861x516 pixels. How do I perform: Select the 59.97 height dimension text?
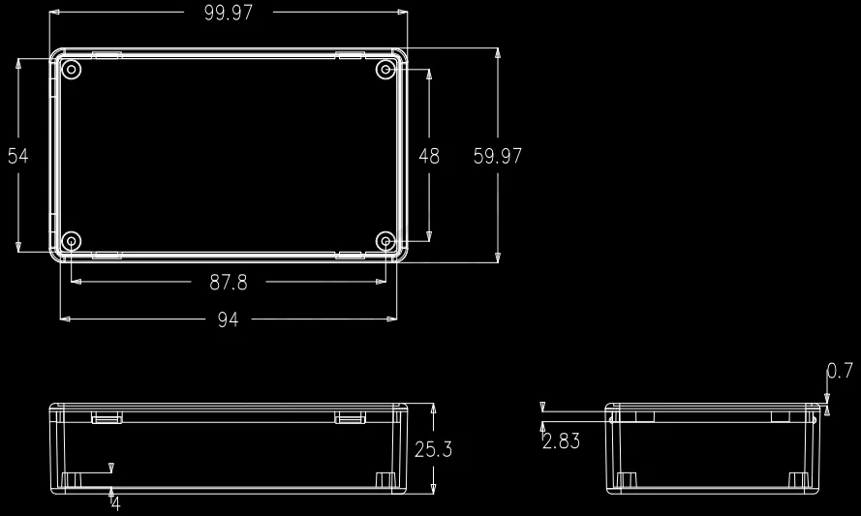click(x=498, y=156)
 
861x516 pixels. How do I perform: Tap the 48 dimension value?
click(x=429, y=156)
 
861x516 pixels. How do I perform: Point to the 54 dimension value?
click(x=18, y=156)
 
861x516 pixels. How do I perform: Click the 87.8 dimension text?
click(x=229, y=283)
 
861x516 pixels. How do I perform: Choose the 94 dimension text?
click(x=228, y=319)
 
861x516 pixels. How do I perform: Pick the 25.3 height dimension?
click(x=433, y=449)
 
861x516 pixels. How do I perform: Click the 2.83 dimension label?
click(x=561, y=440)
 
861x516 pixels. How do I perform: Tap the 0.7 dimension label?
click(x=840, y=370)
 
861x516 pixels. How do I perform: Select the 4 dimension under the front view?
click(x=116, y=503)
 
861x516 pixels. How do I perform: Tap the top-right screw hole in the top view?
click(x=385, y=70)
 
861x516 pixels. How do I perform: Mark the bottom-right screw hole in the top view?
click(x=385, y=241)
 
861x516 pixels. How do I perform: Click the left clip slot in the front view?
click(x=107, y=417)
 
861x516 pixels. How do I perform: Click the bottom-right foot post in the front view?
click(x=384, y=480)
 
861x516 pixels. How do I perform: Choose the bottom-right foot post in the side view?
click(x=798, y=480)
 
